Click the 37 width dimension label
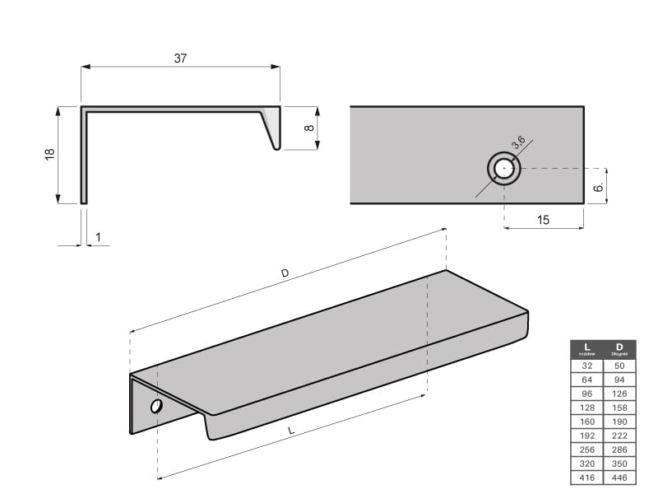point(180,58)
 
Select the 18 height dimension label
point(49,154)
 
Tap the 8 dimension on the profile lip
point(308,128)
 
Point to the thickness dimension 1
point(98,237)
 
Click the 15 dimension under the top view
point(543,220)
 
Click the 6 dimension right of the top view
point(599,188)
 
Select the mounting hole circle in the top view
point(503,169)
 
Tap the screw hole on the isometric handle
point(155,407)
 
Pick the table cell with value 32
point(586,365)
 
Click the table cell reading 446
point(619,478)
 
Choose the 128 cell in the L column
point(586,408)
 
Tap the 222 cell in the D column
point(619,436)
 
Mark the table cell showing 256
point(586,450)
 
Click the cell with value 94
point(619,379)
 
